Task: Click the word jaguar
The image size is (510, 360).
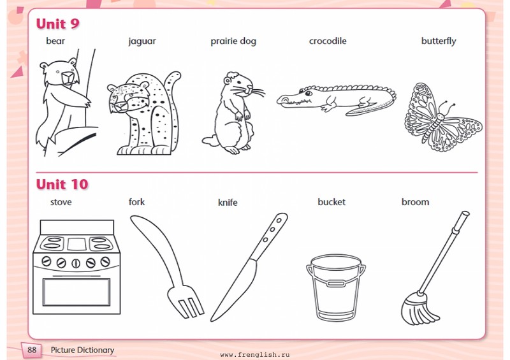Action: coord(142,41)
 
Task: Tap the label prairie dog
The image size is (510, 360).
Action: coord(233,41)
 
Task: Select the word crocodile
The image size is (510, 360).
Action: coord(328,41)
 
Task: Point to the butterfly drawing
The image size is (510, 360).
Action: coord(443,117)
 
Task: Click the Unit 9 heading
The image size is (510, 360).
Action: coord(57,24)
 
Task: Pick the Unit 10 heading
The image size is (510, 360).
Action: coord(62,184)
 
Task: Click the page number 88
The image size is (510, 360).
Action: coord(32,350)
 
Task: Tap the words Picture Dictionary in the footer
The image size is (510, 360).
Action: coord(82,350)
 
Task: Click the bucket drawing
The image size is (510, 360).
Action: coord(336,287)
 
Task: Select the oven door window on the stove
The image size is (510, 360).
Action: coord(76,292)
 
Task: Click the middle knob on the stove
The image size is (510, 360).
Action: coord(76,263)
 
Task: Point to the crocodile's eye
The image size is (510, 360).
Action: coord(309,93)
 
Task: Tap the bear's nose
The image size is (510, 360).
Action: coord(68,77)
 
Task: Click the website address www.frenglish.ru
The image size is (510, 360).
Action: coord(254,354)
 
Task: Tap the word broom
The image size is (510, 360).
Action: coord(416,202)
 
